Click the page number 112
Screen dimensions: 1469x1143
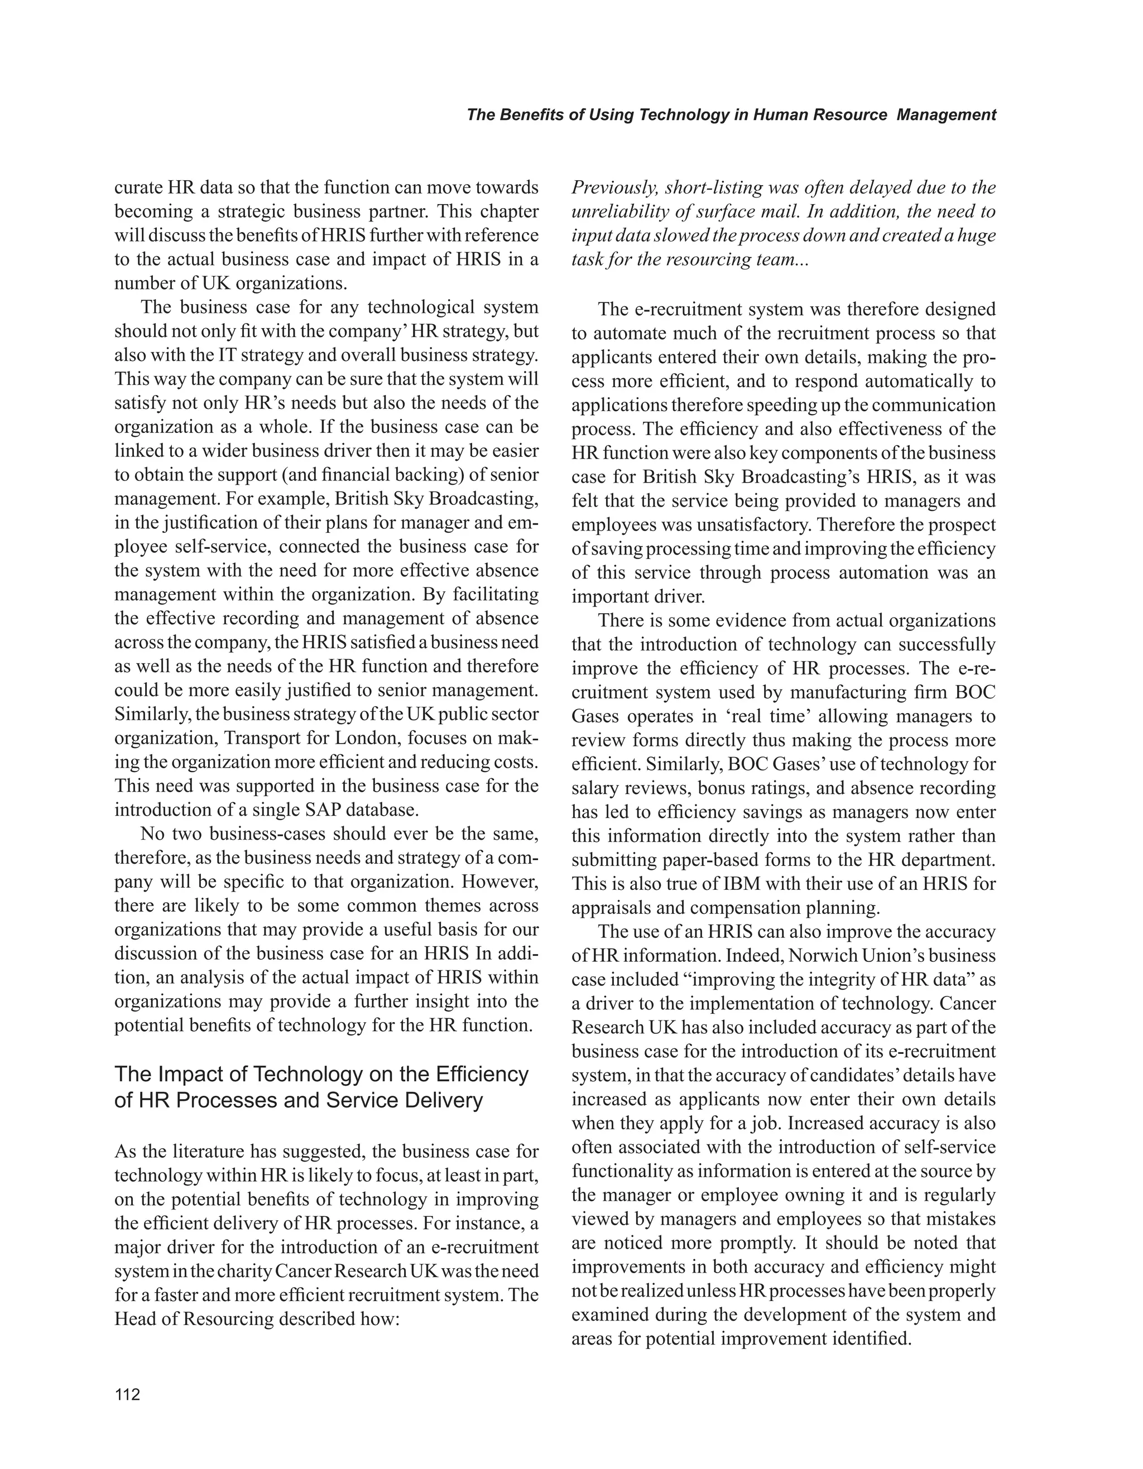tap(127, 1394)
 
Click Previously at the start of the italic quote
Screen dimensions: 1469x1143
tap(611, 189)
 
